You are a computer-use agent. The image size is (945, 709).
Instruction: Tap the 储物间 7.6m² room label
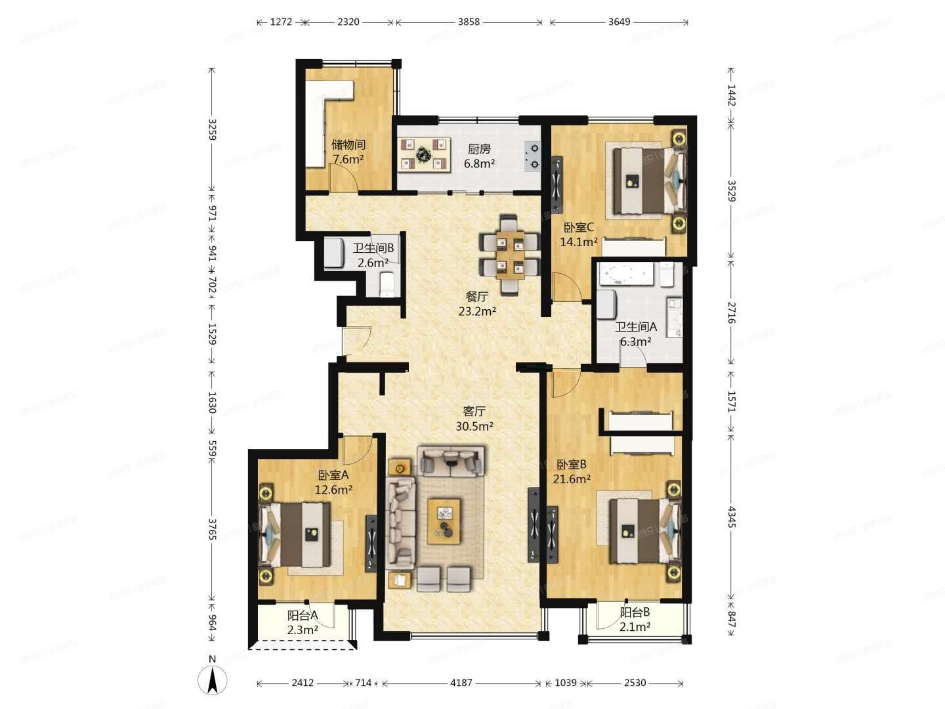[x=348, y=152]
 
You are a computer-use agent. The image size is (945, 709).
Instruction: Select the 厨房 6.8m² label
[x=479, y=156]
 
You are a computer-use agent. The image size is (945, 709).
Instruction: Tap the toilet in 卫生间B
[x=387, y=282]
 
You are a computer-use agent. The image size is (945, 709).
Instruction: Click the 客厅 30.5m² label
[x=474, y=418]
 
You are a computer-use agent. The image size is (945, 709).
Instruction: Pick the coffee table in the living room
[x=444, y=521]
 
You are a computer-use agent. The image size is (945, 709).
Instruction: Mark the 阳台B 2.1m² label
[x=635, y=619]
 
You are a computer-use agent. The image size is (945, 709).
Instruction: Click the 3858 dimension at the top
[x=469, y=22]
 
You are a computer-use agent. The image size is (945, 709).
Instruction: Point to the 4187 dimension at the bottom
[x=461, y=683]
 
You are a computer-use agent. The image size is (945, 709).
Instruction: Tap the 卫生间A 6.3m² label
[x=635, y=333]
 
